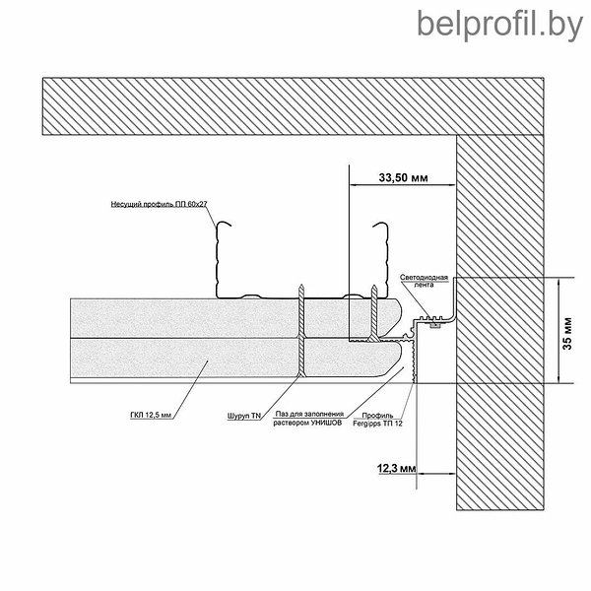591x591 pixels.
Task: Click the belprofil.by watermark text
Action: coord(499,26)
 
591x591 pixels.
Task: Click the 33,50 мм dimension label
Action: coord(403,177)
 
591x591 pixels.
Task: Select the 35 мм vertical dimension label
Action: coord(567,333)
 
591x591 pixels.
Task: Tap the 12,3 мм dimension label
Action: coord(397,469)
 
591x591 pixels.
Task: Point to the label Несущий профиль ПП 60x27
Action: coord(159,204)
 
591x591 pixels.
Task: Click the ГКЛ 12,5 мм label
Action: coord(151,416)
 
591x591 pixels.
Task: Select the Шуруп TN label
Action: coord(244,416)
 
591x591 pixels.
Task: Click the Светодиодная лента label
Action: coord(424,281)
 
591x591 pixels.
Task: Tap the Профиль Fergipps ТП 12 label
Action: coord(377,420)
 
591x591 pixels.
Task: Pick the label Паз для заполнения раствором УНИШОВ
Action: coord(307,419)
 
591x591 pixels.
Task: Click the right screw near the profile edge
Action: coord(373,313)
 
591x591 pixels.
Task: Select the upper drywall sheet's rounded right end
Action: coord(399,316)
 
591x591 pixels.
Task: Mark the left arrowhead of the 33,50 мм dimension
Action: coord(353,185)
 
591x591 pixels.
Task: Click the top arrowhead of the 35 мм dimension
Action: coord(558,281)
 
